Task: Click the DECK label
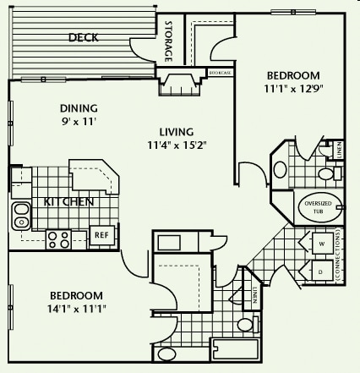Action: pyautogui.click(x=84, y=37)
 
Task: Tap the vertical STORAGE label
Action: pyautogui.click(x=168, y=41)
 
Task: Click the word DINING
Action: pyautogui.click(x=79, y=108)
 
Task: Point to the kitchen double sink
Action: pyautogui.click(x=20, y=216)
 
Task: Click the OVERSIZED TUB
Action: pyautogui.click(x=319, y=206)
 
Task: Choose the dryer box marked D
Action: pyautogui.click(x=320, y=272)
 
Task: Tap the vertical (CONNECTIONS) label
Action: pyautogui.click(x=338, y=258)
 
